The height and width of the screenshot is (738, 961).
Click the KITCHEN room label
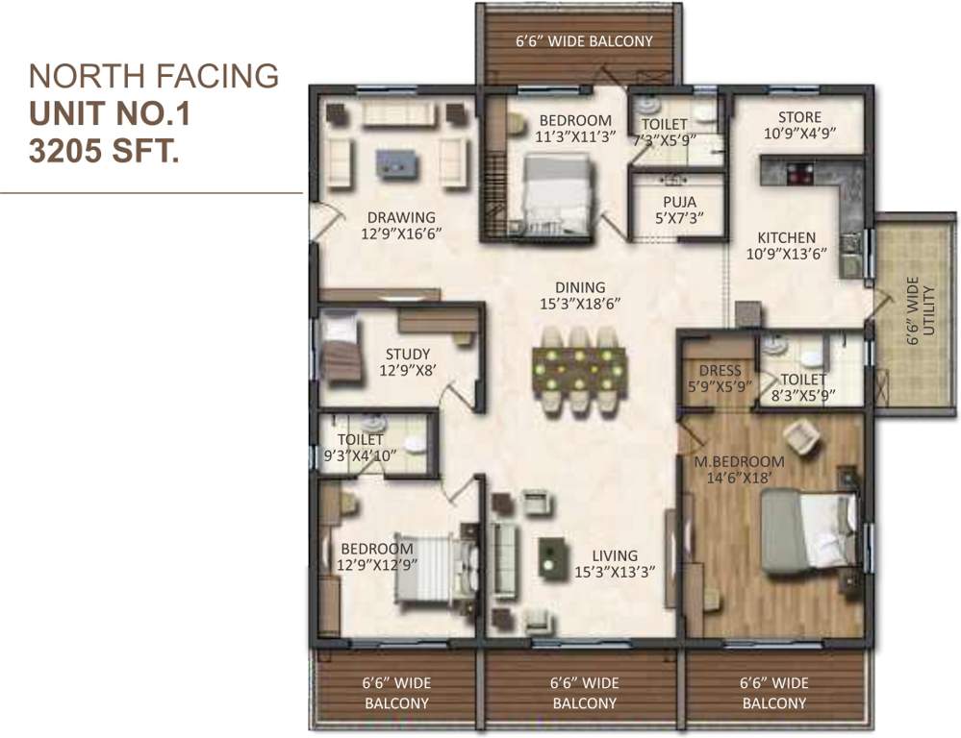(786, 237)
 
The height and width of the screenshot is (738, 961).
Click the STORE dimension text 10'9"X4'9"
(800, 135)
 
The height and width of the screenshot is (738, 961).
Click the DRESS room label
(720, 370)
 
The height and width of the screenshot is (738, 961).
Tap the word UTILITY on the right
(928, 308)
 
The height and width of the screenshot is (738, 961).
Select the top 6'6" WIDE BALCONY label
(584, 41)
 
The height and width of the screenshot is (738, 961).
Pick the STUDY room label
(408, 354)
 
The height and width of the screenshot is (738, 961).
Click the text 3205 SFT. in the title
(106, 151)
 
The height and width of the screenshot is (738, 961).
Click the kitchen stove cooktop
(800, 174)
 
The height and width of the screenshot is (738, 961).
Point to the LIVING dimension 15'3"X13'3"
(614, 572)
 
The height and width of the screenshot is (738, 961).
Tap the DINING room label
(580, 286)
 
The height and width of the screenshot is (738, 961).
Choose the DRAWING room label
(400, 217)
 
